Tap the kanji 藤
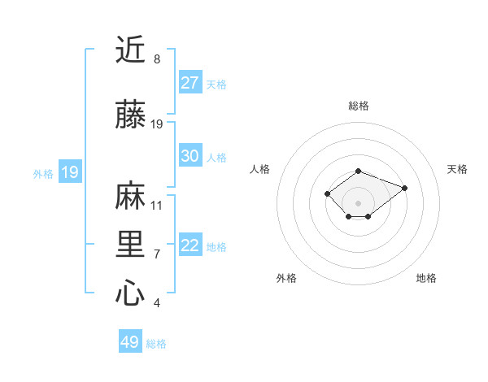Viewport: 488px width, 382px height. tap(130, 115)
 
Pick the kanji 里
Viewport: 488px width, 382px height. tap(130, 245)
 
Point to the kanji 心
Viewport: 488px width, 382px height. tap(130, 293)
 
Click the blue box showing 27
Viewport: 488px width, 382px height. tap(190, 83)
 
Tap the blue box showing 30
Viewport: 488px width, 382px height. tap(190, 156)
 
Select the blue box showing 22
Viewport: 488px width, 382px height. tap(190, 246)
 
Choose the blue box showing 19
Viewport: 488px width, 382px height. tap(69, 172)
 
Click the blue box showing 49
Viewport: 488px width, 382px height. tap(130, 342)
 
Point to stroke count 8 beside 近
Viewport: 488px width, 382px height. tap(156, 59)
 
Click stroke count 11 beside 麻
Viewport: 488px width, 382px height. tap(157, 205)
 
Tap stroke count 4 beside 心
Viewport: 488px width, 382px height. tap(156, 303)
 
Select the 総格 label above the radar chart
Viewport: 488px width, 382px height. tap(359, 106)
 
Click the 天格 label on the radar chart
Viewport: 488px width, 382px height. tap(457, 169)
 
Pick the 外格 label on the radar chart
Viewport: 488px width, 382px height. tap(286, 278)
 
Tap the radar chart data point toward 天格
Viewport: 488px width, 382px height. tap(405, 188)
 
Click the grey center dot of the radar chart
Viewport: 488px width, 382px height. tap(359, 202)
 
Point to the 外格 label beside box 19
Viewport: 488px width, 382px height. tap(43, 173)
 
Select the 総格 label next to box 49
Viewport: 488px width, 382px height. tap(156, 344)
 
